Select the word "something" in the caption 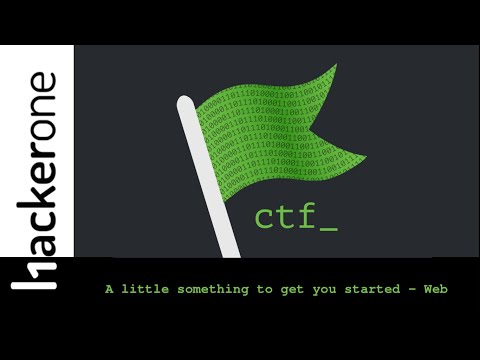pyautogui.click(x=214, y=289)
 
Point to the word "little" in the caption pyautogui.click(x=148, y=289)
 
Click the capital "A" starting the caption pyautogui.click(x=109, y=289)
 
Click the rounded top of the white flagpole pyautogui.click(x=185, y=104)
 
